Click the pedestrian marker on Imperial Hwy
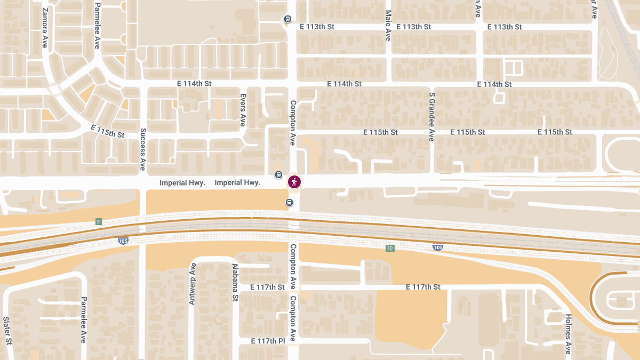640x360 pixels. tap(294, 182)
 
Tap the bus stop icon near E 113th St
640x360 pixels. tap(287, 20)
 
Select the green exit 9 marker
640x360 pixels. tap(98, 221)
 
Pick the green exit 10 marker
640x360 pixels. tap(390, 248)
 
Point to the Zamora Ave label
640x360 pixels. tap(45, 28)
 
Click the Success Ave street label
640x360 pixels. tap(143, 149)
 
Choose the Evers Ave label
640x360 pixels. tap(243, 109)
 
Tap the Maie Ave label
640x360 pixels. tap(388, 25)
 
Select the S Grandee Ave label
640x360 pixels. tap(432, 116)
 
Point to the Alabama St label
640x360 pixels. tap(235, 283)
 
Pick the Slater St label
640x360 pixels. tap(7, 330)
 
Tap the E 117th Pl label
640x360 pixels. tap(268, 341)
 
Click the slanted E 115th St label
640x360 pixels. tap(108, 131)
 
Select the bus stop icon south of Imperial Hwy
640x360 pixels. tap(289, 202)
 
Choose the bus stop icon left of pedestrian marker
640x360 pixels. tap(278, 175)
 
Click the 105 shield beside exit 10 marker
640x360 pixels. tap(438, 247)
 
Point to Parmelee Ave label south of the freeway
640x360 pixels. tap(83, 320)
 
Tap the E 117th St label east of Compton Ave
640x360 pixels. tap(423, 287)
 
